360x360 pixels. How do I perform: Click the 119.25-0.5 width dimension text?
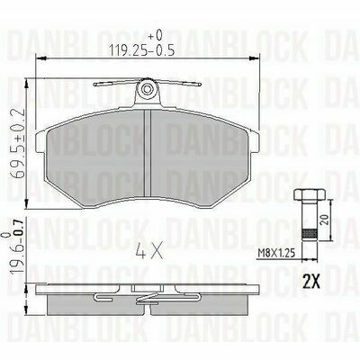click(x=141, y=50)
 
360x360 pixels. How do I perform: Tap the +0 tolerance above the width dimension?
click(x=155, y=36)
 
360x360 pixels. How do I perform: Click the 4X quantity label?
click(x=148, y=251)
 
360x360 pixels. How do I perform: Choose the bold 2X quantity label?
click(x=311, y=281)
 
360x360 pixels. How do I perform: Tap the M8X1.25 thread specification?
click(x=276, y=254)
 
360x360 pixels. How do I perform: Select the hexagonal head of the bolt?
click(x=310, y=194)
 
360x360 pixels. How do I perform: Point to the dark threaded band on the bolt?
click(x=310, y=233)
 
